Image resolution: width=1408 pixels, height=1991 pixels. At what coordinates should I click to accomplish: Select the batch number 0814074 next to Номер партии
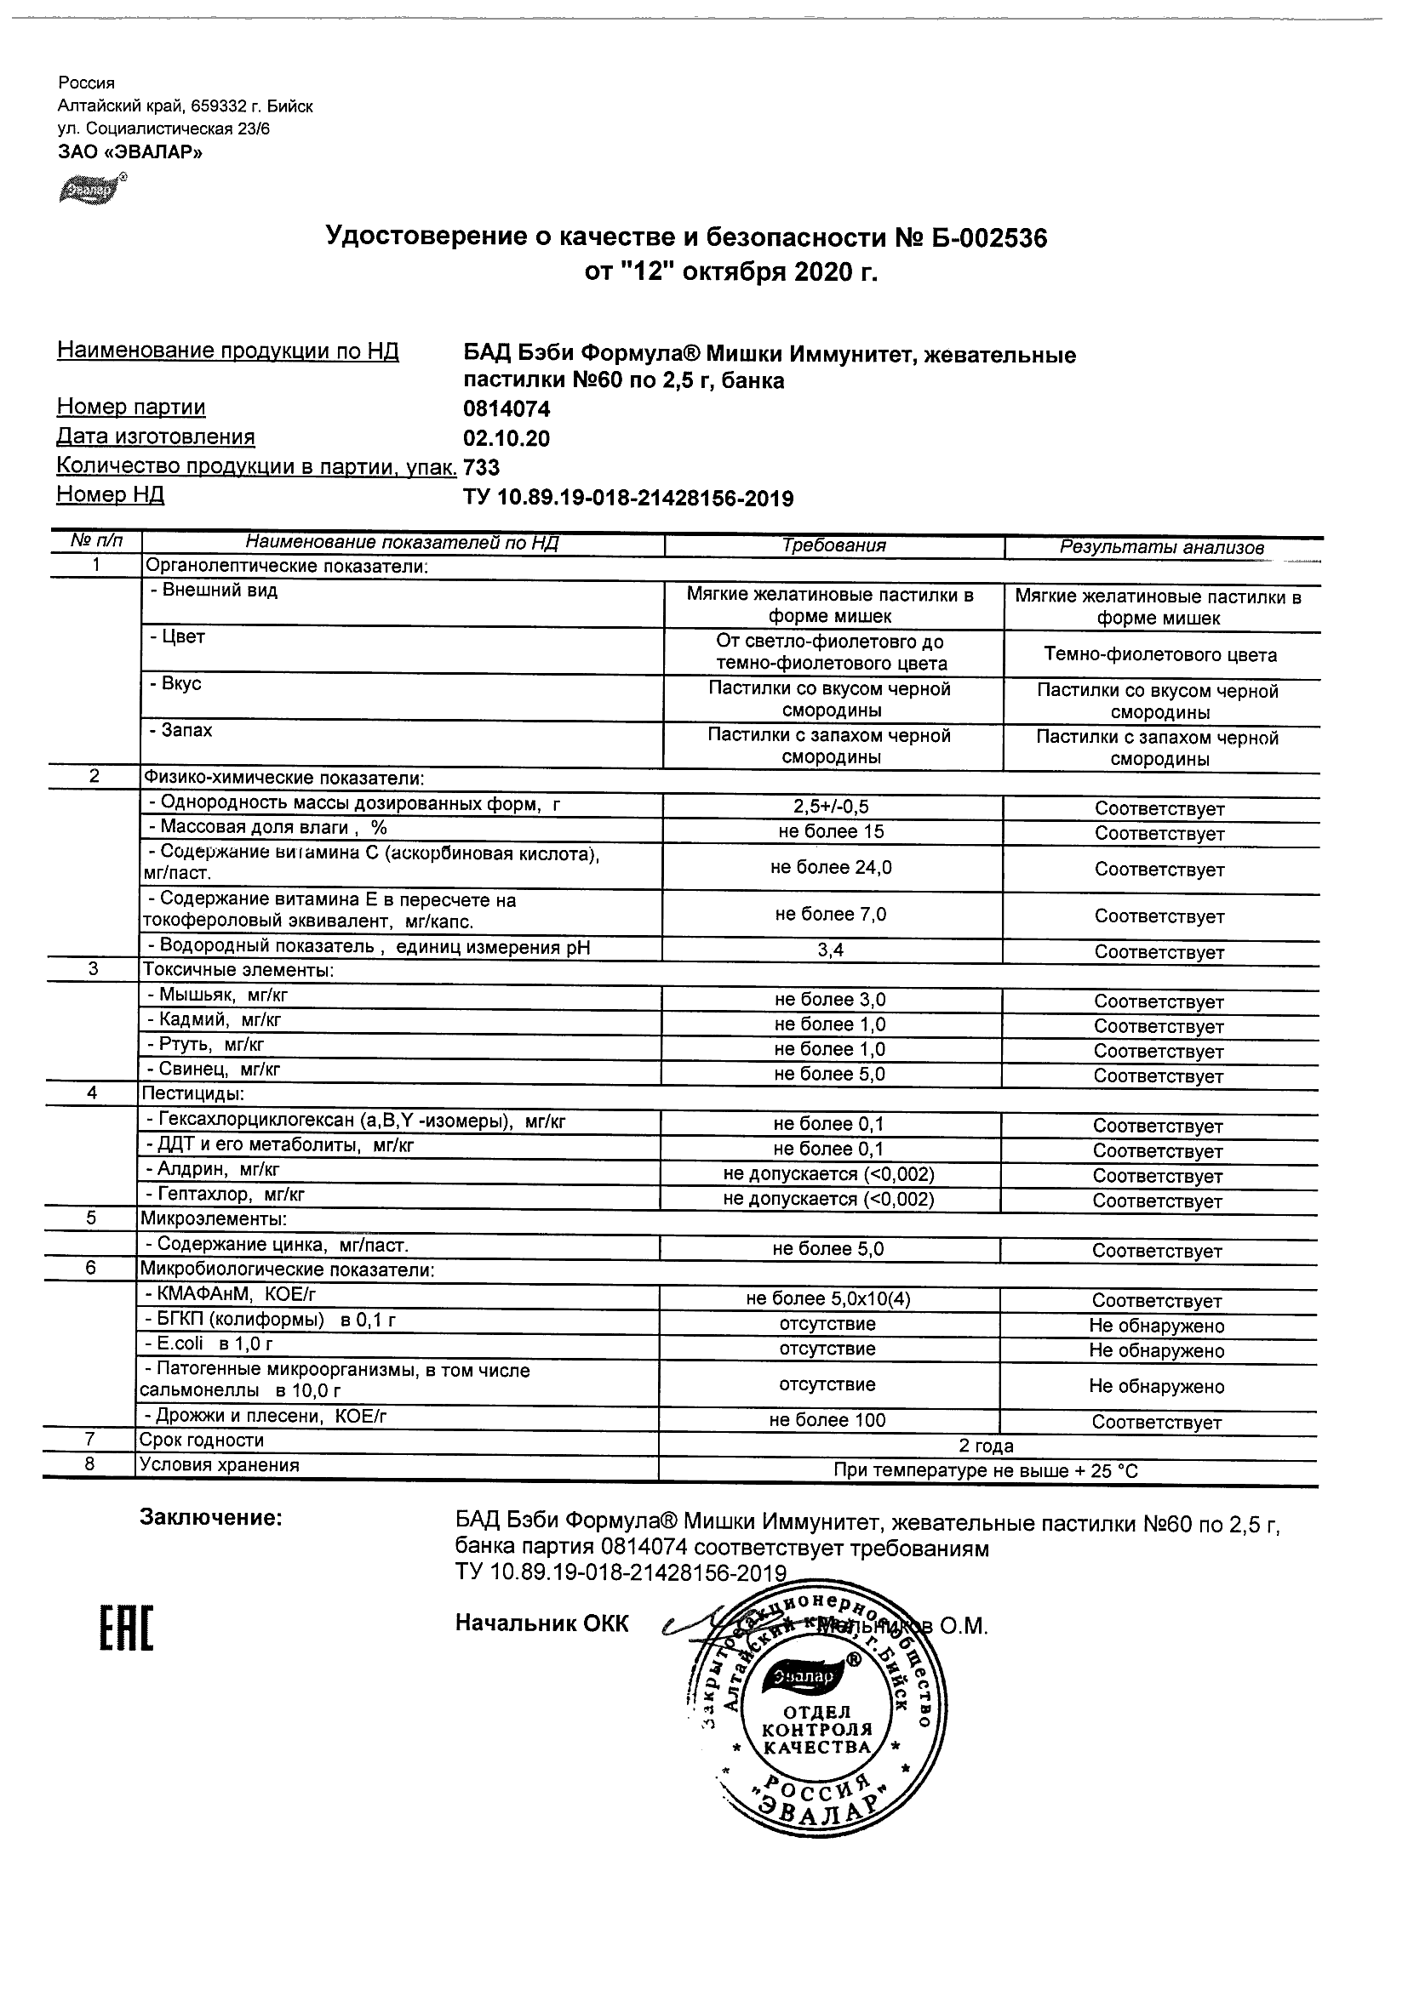coord(507,408)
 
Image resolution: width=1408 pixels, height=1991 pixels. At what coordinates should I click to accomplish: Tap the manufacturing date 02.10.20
coord(507,438)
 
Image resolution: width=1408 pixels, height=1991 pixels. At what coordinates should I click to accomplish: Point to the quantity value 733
coord(483,467)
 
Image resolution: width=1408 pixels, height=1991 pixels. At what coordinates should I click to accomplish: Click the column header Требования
coord(833,545)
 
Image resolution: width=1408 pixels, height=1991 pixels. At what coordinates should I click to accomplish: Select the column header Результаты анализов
coord(1162,547)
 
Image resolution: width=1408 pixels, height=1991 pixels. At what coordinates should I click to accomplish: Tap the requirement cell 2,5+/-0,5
coord(831,807)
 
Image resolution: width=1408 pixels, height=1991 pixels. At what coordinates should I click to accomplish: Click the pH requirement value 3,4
coord(830,950)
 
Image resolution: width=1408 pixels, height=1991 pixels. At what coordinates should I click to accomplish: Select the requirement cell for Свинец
coord(830,1075)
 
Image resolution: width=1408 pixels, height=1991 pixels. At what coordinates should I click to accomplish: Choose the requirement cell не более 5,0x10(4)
coord(828,1299)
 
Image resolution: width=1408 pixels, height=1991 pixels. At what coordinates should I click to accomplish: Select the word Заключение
coord(211,1518)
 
